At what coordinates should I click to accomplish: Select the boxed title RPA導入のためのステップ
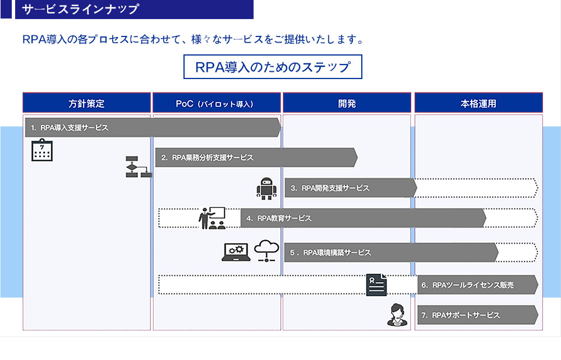coord(273,67)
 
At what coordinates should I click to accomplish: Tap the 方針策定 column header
coord(86,103)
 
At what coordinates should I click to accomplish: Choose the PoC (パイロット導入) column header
coord(216,103)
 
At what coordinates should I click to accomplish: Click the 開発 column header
coord(347,103)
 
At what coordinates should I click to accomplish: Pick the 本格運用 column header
coord(478,103)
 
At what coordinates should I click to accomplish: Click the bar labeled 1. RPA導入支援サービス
coord(151,128)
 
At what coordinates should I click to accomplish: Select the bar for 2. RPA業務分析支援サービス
coord(255,158)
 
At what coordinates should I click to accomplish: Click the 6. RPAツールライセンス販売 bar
coord(477,285)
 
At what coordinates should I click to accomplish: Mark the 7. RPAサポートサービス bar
coord(477,315)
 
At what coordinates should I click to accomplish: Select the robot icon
coord(266,188)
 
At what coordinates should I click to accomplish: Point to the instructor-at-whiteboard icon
coord(212,218)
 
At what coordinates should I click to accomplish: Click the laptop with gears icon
coord(236,252)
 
